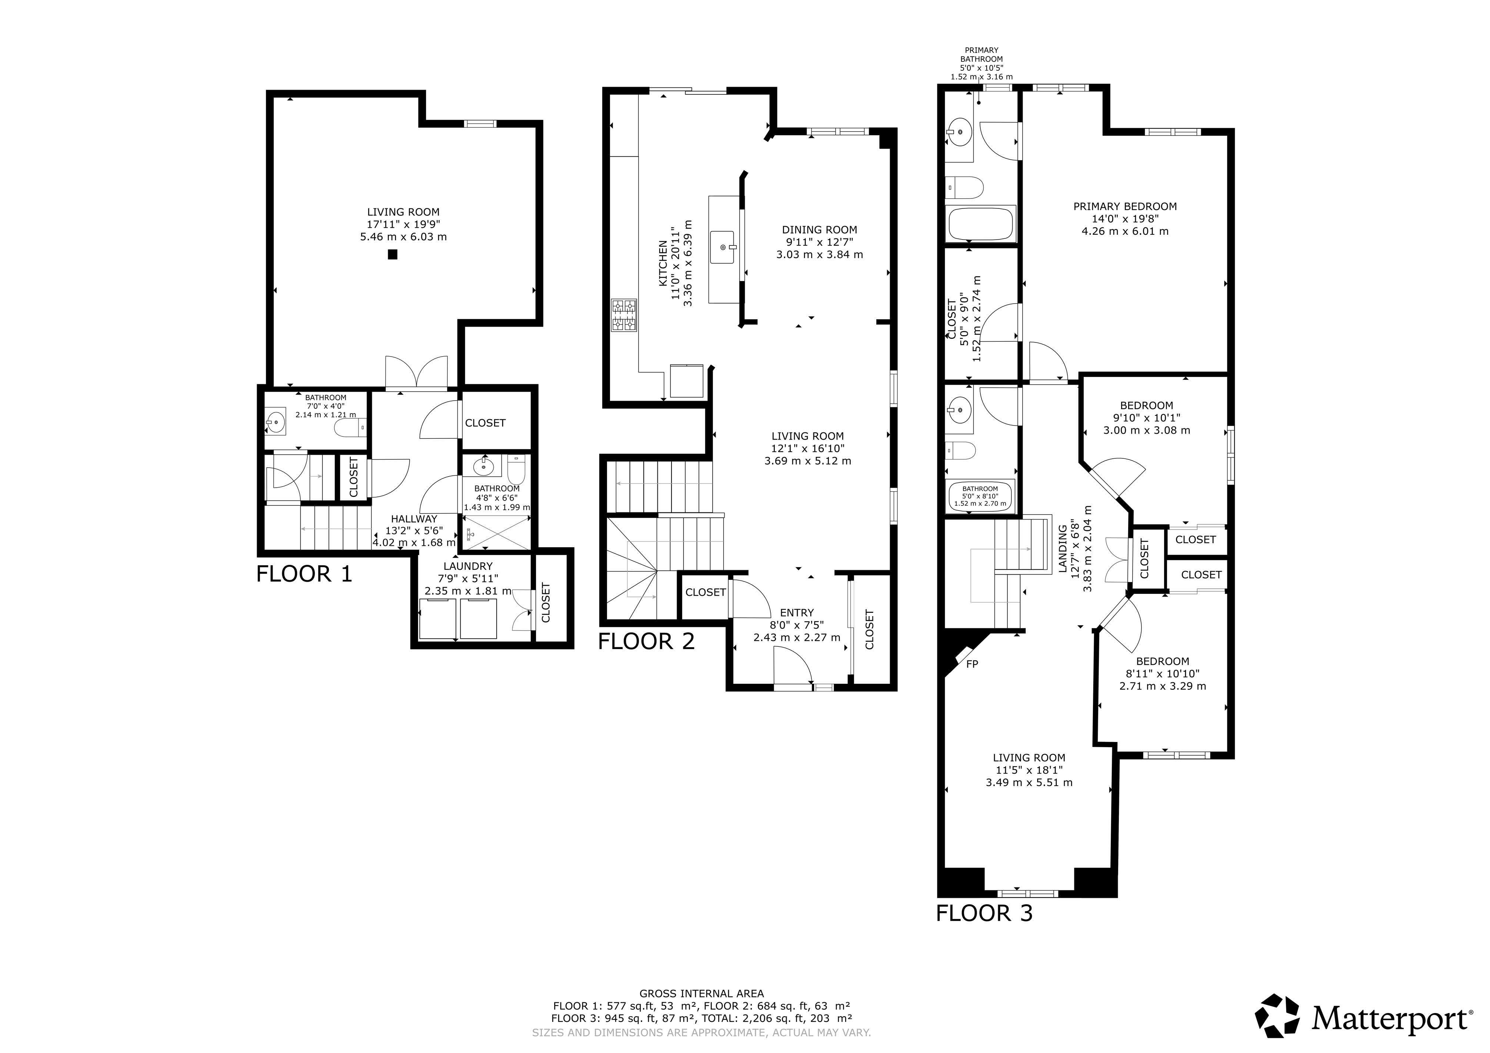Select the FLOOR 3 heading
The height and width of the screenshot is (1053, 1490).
[984, 913]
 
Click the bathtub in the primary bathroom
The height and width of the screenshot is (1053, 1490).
[981, 224]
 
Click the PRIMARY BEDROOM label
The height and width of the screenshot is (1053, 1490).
[1125, 206]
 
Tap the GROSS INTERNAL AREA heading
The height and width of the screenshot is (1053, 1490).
[701, 993]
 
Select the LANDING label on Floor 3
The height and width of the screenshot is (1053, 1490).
[1062, 549]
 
